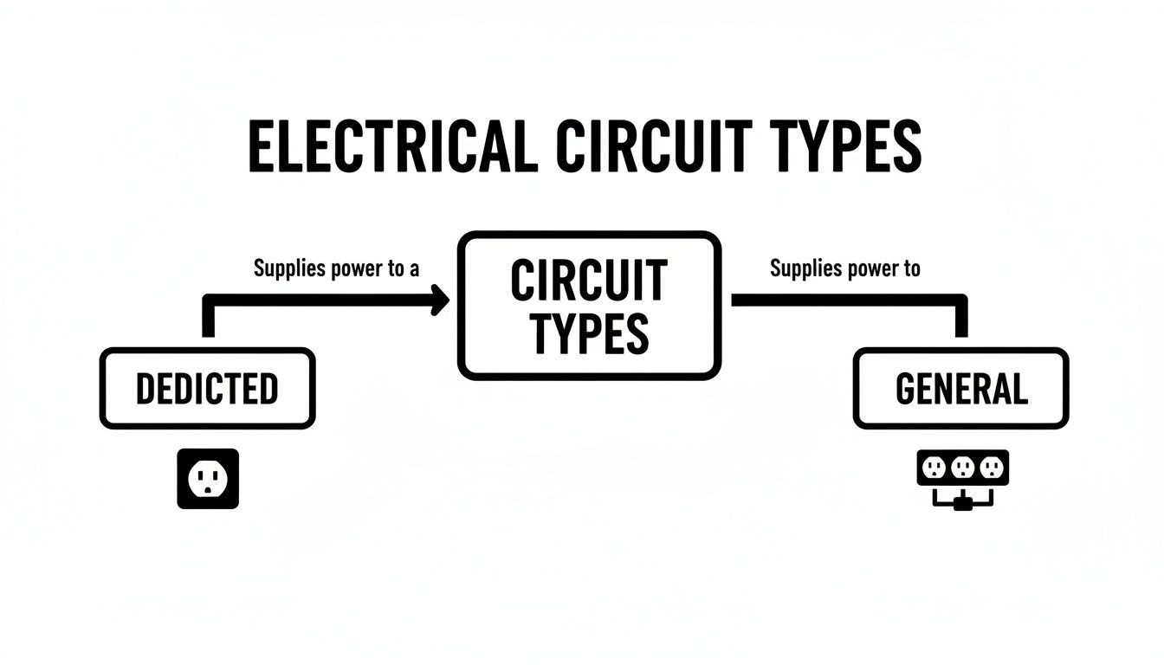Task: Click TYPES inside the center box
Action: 589,332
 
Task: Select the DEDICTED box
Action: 207,389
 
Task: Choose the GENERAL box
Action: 960,389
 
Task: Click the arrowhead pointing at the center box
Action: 441,301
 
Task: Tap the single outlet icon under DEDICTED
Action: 208,478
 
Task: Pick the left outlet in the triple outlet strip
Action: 934,468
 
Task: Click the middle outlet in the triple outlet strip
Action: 962,468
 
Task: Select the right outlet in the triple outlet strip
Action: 992,468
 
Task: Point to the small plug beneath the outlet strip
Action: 961,502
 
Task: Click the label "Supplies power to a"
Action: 336,268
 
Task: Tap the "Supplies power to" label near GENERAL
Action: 844,268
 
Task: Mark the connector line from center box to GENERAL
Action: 849,300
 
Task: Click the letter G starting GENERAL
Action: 906,390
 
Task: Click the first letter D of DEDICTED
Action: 145,390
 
